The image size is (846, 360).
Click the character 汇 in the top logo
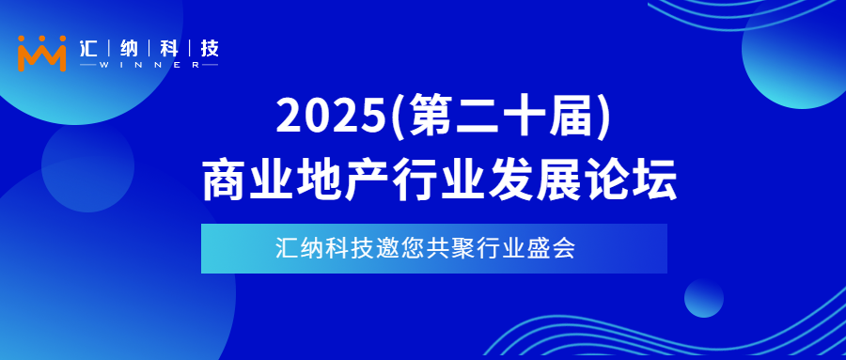[92, 47]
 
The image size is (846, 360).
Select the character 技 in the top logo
[210, 47]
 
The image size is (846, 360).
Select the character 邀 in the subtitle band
[387, 249]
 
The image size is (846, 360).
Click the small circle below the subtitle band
[703, 299]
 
